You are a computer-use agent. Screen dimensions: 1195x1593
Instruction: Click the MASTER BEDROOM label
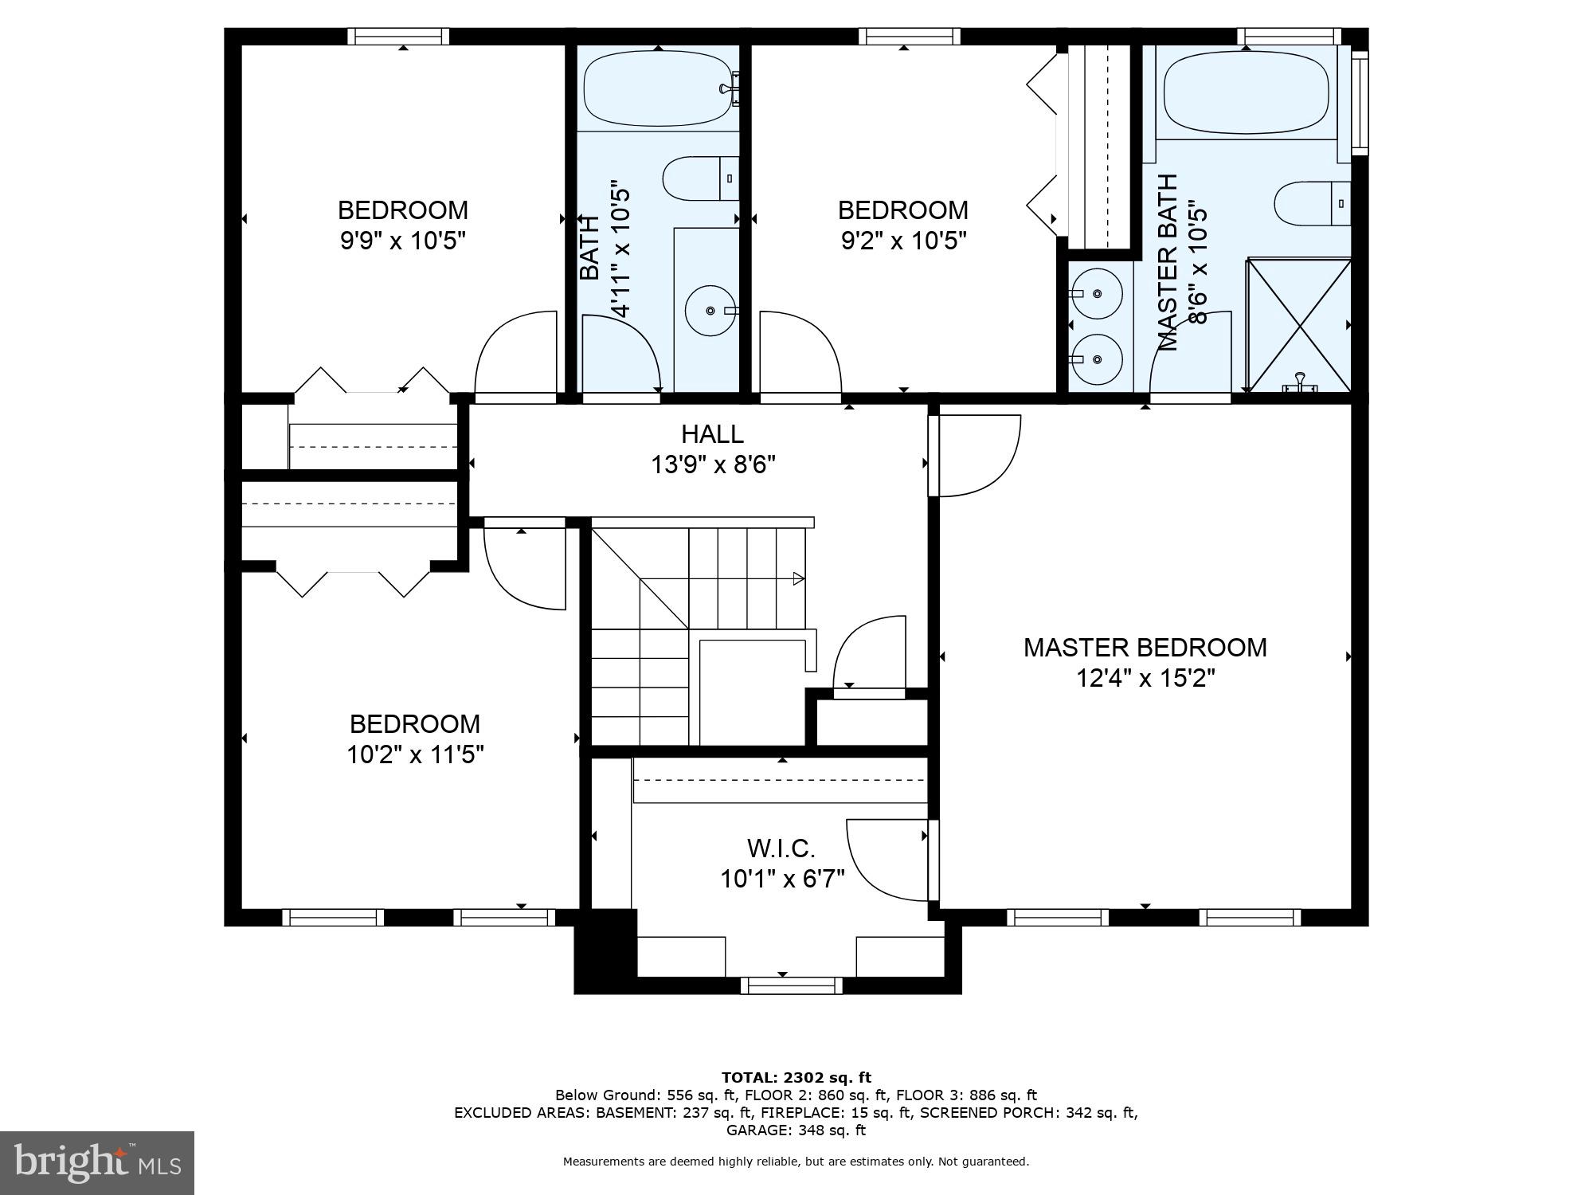coord(1145,648)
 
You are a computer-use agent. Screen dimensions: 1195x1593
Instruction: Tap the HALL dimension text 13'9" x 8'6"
coord(713,464)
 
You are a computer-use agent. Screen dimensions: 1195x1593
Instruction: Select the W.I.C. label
coord(781,848)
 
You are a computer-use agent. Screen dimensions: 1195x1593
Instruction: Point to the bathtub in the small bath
coord(656,88)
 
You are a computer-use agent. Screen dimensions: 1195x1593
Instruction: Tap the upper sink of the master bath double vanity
coord(1097,294)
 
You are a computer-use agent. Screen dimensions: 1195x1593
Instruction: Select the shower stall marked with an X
coord(1298,325)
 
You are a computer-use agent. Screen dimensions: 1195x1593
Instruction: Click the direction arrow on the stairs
coord(798,579)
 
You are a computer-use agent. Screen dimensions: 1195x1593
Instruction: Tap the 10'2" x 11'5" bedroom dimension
coord(415,754)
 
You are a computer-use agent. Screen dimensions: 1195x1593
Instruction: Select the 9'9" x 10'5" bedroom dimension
coord(402,241)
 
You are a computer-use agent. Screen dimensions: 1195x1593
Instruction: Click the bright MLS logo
coord(97,1163)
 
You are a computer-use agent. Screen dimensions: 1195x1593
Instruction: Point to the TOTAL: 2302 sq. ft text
coord(796,1078)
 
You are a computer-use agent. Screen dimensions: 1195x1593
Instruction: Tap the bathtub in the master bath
coord(1246,92)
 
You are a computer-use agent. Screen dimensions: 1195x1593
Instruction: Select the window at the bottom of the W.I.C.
coord(791,986)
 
